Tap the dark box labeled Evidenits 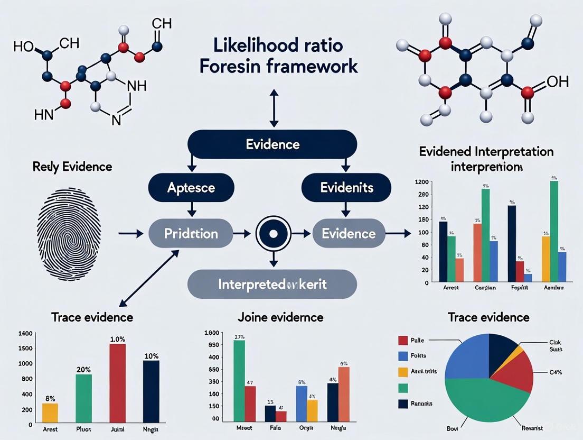click(346, 187)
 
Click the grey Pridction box click(191, 233)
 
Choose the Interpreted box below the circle click(272, 284)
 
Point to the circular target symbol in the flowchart click(273, 233)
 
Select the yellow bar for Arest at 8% click(50, 411)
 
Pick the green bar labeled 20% click(83, 397)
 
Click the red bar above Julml click(117, 381)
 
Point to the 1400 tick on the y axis click(25, 334)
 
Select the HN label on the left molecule click(43, 114)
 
